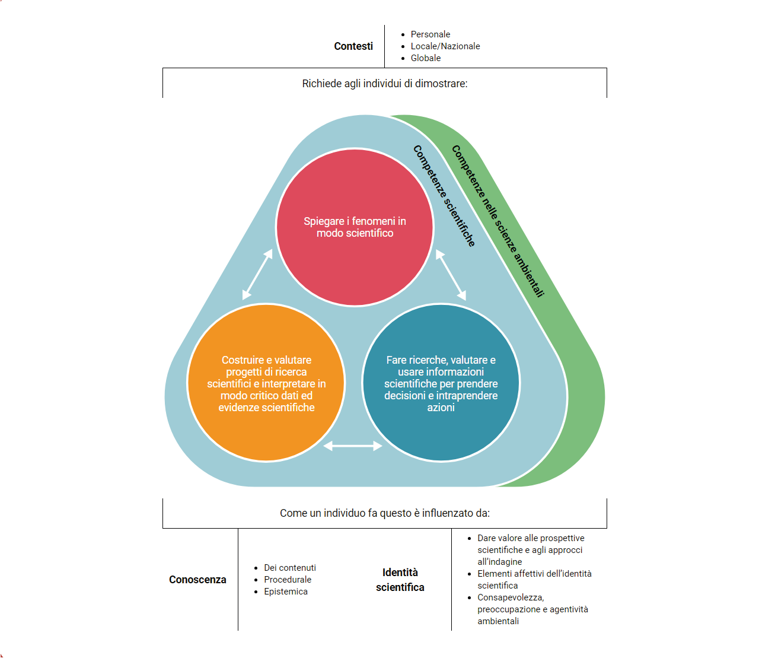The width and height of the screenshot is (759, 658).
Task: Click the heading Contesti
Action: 353,46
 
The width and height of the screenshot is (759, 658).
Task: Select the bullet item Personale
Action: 430,34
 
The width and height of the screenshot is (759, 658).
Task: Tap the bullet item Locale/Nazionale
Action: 445,46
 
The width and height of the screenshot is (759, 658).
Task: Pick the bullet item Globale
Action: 425,58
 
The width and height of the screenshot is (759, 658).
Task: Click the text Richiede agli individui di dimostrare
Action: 384,84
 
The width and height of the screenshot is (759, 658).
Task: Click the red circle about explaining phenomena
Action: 355,227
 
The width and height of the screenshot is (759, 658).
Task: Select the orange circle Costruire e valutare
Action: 266,383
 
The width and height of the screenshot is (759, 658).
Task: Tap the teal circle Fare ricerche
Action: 441,383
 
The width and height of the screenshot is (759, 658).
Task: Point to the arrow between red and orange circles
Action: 257,275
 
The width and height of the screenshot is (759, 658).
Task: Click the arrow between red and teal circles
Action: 451,275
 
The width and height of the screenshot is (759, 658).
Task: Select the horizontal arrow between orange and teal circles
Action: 353,446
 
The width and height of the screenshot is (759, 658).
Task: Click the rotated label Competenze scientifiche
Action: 444,196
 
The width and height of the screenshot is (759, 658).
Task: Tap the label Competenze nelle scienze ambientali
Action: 498,221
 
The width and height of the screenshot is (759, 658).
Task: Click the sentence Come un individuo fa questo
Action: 384,513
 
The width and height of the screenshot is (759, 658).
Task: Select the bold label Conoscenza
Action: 197,580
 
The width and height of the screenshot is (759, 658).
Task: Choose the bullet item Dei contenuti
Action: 289,568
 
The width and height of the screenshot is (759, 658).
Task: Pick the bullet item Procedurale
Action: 287,580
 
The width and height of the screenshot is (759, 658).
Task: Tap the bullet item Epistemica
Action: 285,592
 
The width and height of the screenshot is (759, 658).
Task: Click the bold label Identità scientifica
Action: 400,580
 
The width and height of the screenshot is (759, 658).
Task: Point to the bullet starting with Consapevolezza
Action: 532,609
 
